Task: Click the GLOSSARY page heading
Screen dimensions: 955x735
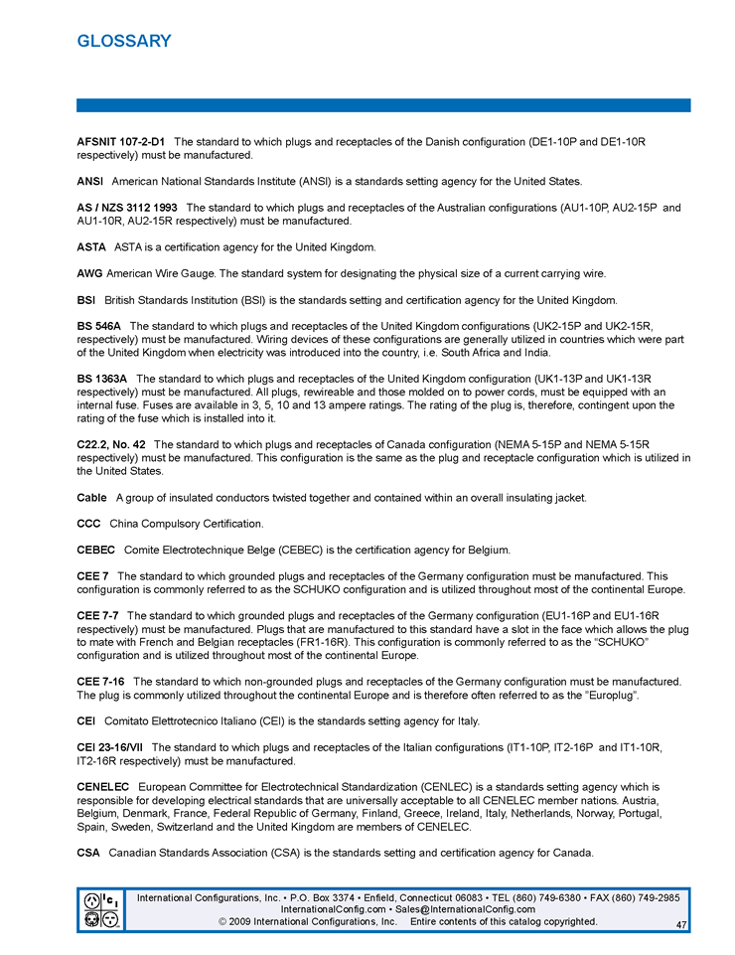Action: coord(124,41)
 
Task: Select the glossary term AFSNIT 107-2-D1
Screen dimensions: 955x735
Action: coord(120,142)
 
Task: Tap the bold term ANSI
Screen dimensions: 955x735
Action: coord(90,182)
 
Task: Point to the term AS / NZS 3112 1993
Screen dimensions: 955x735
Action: coord(127,208)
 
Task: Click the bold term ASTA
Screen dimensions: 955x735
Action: coord(91,246)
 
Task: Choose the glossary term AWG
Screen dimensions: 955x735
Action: coord(89,273)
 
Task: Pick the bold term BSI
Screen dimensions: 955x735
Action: coord(86,300)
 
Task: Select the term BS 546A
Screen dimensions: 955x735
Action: coord(98,326)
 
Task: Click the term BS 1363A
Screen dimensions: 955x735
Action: coord(101,379)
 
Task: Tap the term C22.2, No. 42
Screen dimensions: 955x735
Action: coord(111,444)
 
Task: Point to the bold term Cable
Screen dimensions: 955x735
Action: coord(92,497)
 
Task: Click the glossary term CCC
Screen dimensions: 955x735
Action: coord(88,523)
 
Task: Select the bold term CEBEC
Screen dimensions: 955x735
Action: coord(95,550)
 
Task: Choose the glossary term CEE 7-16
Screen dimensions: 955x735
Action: coord(100,681)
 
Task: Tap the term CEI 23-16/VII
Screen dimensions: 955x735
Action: coord(109,746)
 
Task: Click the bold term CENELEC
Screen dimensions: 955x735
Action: coord(103,787)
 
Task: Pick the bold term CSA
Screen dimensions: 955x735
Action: coord(88,853)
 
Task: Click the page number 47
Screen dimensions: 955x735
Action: coord(680,925)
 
